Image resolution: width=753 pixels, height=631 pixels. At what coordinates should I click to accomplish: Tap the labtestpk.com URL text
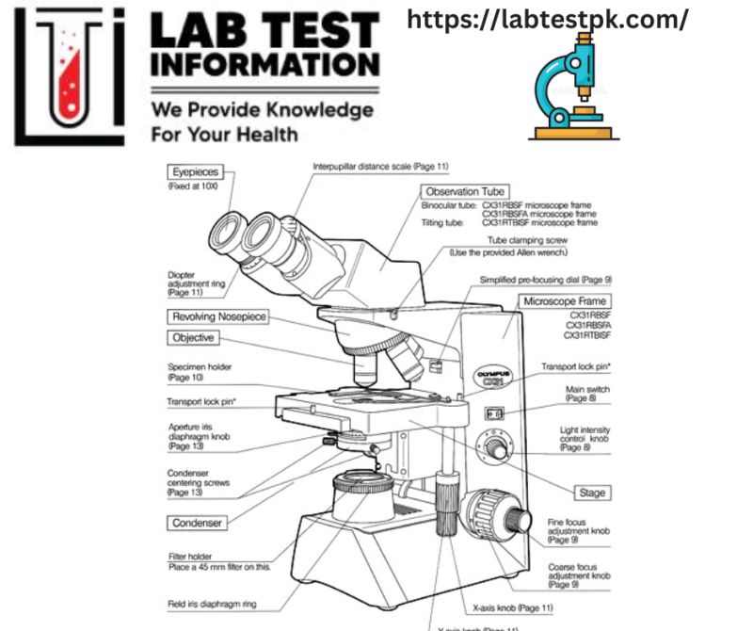[549, 18]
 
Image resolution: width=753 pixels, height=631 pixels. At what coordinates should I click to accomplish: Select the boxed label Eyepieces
[197, 171]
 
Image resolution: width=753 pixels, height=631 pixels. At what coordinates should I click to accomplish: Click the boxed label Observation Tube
[466, 191]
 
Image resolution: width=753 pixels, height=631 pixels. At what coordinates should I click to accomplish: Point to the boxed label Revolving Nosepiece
[218, 316]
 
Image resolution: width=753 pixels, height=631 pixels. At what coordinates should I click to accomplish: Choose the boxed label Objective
[193, 337]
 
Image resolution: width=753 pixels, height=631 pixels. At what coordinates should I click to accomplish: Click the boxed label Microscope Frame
[563, 301]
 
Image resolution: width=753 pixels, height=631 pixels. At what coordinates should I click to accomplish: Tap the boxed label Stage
[593, 493]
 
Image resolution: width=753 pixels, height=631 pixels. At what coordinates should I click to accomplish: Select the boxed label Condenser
[196, 522]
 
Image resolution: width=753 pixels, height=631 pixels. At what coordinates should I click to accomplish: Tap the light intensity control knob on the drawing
[492, 443]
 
